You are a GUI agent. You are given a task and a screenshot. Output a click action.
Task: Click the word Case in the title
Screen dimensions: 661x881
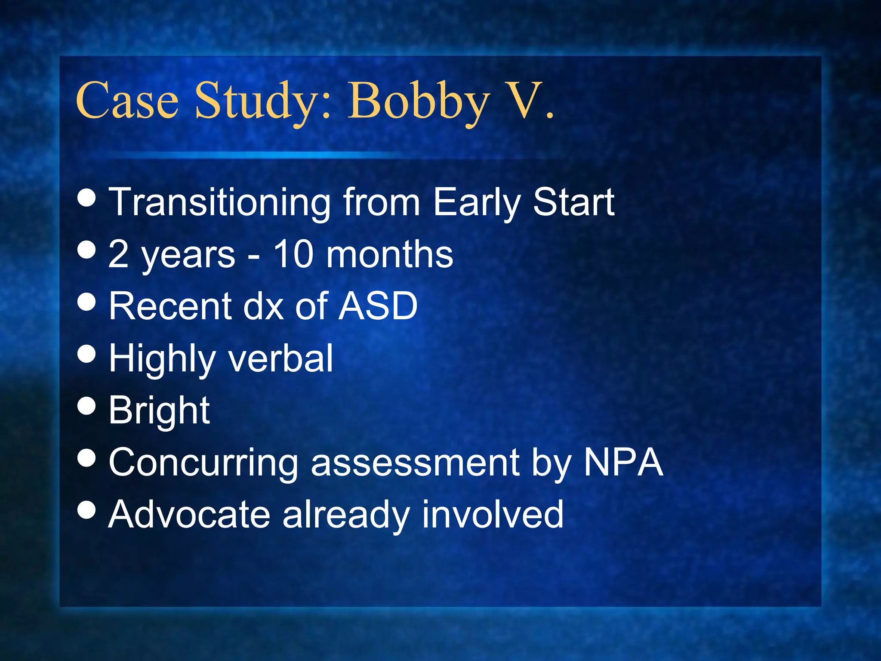(x=127, y=102)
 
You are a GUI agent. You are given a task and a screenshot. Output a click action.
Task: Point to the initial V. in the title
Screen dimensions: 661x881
(x=531, y=102)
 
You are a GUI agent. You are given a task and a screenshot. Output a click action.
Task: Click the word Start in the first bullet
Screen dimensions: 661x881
(x=573, y=202)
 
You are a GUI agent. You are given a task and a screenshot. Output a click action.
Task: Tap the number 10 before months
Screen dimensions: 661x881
(x=293, y=254)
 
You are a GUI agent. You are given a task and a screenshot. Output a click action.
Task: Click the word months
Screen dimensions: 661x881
(x=389, y=254)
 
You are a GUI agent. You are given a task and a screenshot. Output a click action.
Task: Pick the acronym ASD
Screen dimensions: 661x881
(x=377, y=306)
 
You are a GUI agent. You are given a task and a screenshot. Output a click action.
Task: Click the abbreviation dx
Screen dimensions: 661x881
(x=264, y=306)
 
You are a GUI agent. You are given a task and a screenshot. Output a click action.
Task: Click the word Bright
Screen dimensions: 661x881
(x=159, y=411)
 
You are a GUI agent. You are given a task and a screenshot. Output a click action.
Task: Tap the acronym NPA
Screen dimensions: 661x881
(x=623, y=462)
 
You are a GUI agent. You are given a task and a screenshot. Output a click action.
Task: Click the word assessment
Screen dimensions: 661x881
(x=416, y=463)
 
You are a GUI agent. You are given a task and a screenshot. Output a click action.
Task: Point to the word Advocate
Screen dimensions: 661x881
(x=189, y=514)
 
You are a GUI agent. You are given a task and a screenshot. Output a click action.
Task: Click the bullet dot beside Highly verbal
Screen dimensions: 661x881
(x=87, y=354)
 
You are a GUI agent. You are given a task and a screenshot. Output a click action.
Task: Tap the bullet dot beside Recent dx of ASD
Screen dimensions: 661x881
(x=87, y=302)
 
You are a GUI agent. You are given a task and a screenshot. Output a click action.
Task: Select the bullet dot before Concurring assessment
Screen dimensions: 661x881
(x=87, y=458)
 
